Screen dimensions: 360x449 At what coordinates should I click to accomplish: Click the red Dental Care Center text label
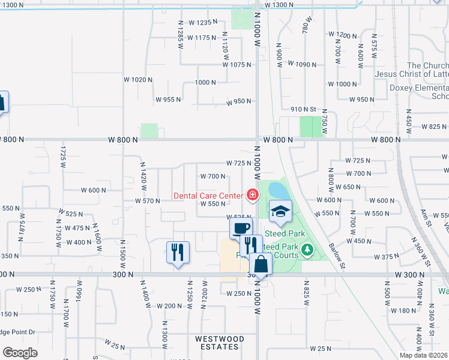(208, 195)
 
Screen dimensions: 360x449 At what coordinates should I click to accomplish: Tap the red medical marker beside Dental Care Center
(252, 194)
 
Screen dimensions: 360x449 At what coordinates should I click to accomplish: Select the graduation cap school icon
(280, 211)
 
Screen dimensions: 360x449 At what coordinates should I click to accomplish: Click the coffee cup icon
(241, 229)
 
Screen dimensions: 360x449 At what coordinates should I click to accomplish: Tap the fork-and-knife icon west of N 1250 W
(178, 253)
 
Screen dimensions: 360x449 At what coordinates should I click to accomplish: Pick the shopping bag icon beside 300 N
(261, 263)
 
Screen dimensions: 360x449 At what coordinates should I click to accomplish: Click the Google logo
(20, 353)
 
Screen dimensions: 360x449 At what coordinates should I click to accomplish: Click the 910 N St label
(303, 109)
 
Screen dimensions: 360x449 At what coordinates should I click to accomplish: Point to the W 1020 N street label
(135, 79)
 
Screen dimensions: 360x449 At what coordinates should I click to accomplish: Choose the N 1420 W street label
(143, 172)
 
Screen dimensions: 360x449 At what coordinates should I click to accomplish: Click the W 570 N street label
(147, 201)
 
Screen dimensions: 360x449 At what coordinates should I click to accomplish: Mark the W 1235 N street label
(201, 22)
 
